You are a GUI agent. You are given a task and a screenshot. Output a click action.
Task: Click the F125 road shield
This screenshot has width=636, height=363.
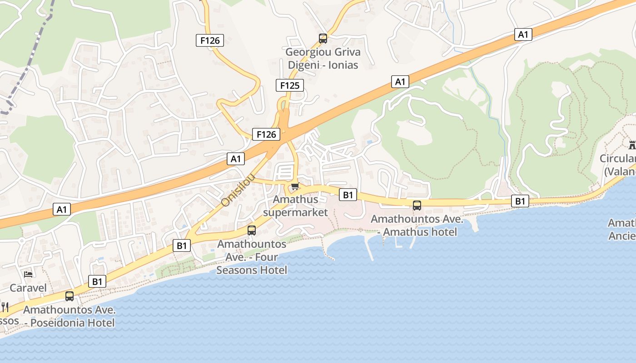[x=289, y=85]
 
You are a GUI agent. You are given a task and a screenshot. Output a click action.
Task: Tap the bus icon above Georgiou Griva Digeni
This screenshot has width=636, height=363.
[x=323, y=39]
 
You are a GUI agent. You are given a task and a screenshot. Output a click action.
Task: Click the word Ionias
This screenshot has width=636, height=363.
[x=341, y=65]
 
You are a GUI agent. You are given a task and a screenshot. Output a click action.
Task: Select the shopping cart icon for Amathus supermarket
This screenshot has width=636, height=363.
[x=295, y=186]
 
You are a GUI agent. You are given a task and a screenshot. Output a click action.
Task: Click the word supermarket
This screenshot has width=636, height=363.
[x=295, y=212]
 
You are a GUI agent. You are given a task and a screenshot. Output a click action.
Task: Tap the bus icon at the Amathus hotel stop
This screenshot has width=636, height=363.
[x=417, y=205]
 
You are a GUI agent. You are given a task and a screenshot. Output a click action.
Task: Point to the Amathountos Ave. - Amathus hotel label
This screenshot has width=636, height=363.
[x=417, y=226]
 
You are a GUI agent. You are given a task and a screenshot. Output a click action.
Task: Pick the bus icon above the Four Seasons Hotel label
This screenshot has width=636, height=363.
[x=252, y=231]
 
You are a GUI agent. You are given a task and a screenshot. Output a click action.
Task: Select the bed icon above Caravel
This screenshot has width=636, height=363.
[x=28, y=274]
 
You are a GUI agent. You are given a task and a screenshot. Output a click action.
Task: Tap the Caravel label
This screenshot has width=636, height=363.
[x=28, y=288]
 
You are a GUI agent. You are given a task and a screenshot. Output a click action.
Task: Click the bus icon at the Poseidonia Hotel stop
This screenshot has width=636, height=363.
[x=70, y=296]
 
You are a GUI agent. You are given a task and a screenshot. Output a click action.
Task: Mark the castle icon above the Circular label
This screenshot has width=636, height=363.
[x=631, y=145]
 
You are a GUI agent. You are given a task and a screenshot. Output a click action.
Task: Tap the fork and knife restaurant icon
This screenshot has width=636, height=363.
[x=5, y=307]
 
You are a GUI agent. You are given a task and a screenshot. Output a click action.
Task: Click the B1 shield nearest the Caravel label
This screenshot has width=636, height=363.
[x=97, y=281]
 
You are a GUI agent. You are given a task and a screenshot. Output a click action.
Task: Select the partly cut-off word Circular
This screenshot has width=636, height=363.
[x=618, y=159]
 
